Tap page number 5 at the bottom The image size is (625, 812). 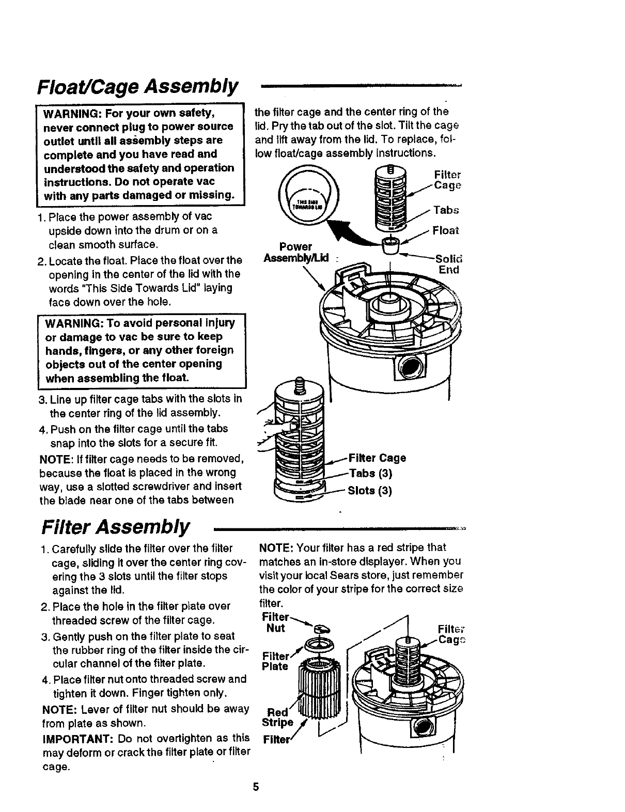255,787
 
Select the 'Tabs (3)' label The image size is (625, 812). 371,474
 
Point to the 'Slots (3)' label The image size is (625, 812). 370,490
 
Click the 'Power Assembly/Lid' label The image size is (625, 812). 296,252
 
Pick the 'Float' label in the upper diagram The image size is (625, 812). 446,230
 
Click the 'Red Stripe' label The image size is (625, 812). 278,717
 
